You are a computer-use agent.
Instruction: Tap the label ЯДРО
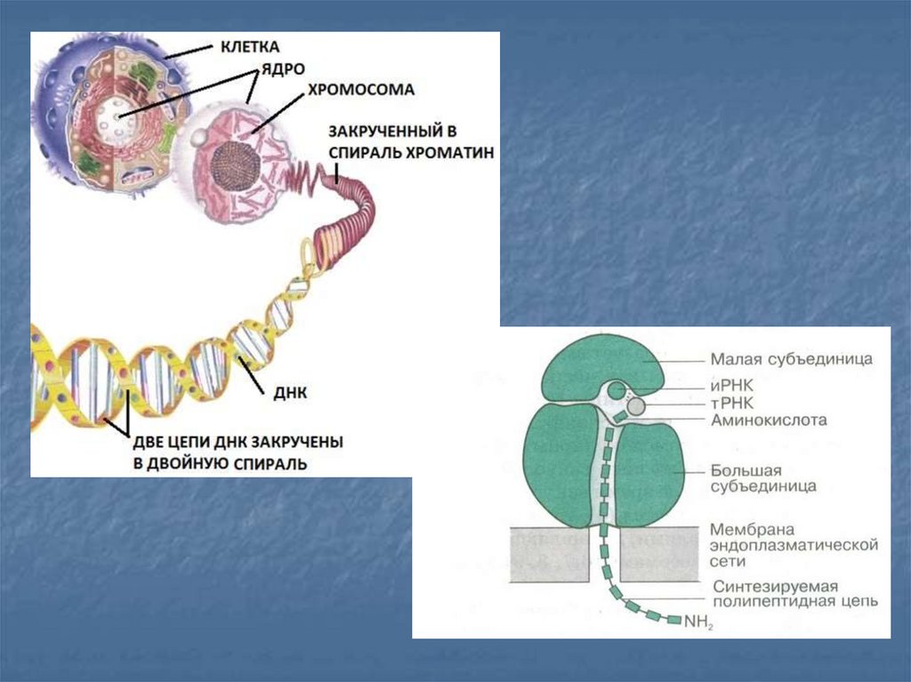point(270,68)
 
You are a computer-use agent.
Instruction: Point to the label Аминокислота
point(769,419)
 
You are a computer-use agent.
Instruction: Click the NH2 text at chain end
point(699,622)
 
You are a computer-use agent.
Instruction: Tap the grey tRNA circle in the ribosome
point(636,407)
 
